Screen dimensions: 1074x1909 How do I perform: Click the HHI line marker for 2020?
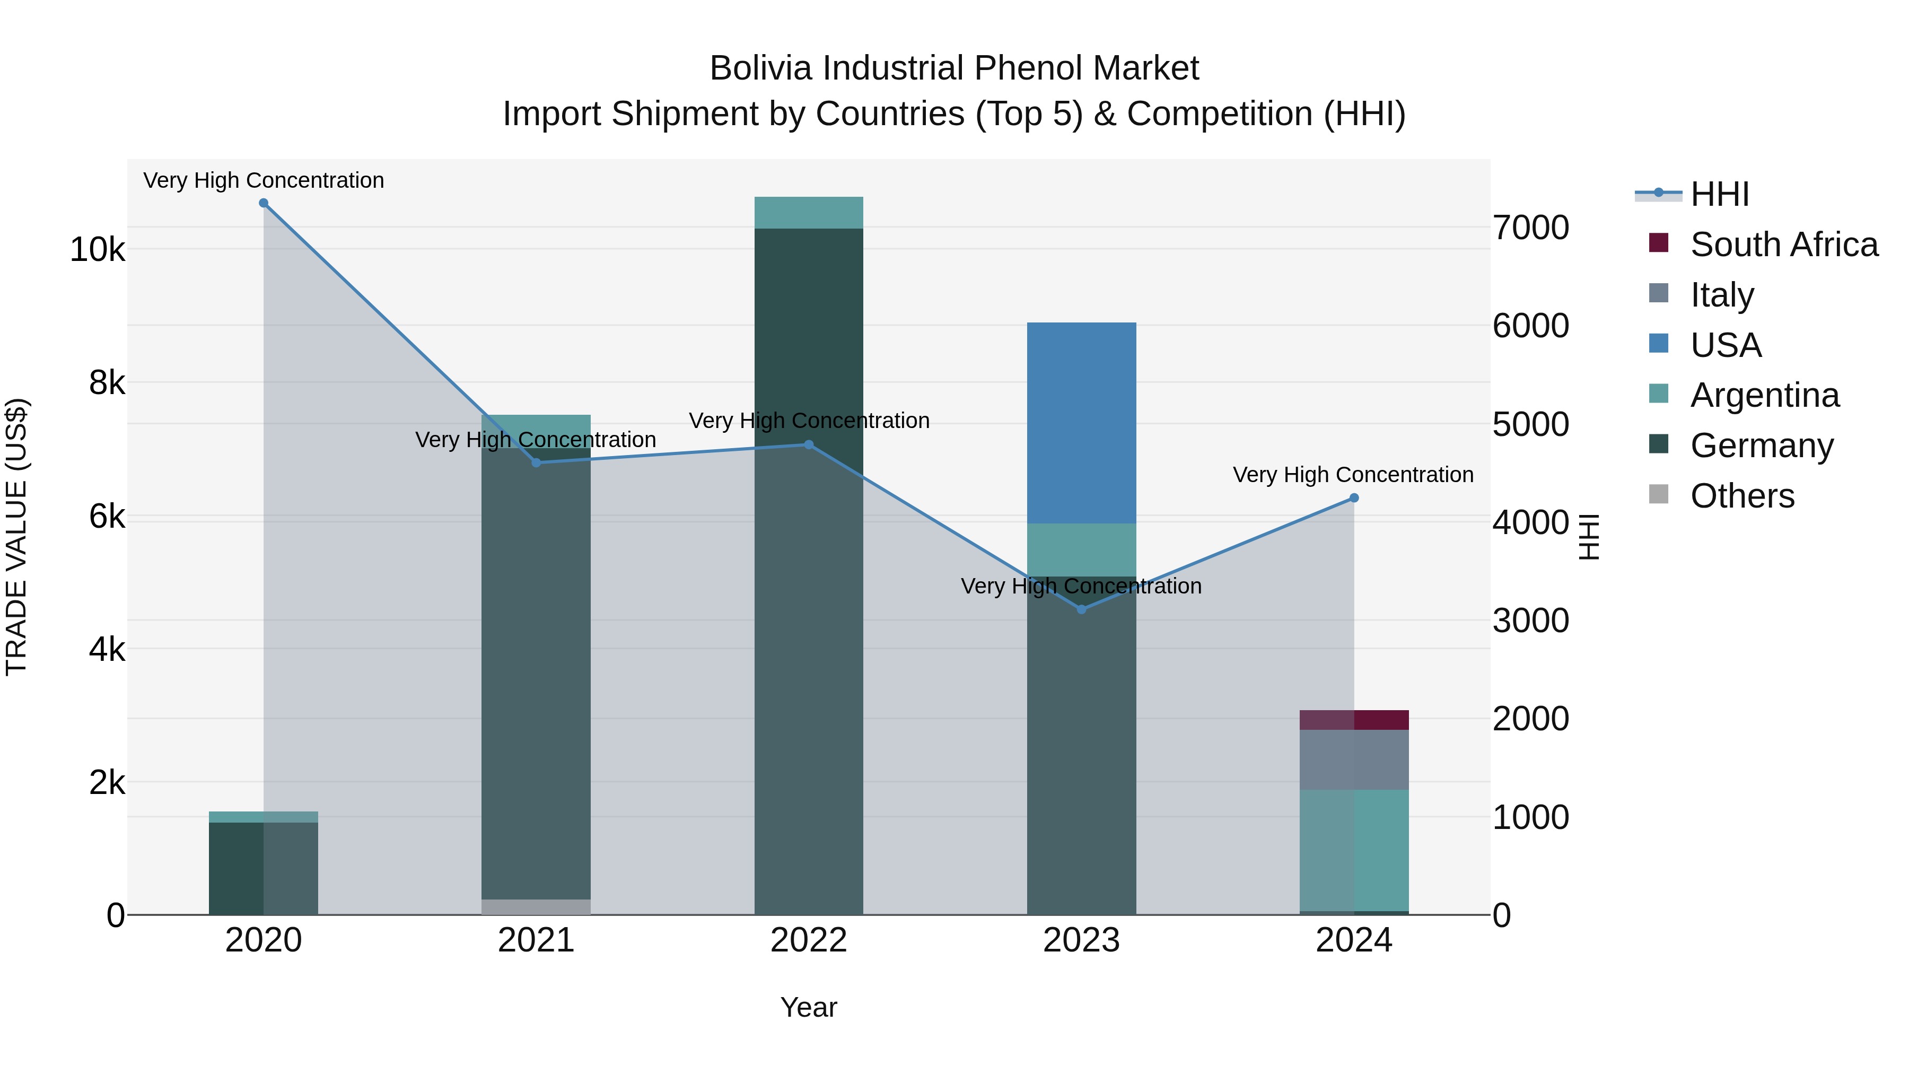[264, 203]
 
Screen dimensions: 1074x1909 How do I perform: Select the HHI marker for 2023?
[1081, 609]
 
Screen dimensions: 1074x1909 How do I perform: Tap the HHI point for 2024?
[1354, 498]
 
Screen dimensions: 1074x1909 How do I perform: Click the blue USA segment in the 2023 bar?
[1081, 423]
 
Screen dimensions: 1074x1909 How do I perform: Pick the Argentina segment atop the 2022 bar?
[809, 213]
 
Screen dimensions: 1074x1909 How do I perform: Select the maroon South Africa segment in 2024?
[1354, 720]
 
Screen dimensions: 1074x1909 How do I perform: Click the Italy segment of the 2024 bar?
[1354, 759]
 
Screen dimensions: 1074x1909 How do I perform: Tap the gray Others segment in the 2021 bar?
[536, 906]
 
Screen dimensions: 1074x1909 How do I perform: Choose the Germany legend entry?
[1762, 446]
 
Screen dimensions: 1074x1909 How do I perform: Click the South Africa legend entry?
[1784, 245]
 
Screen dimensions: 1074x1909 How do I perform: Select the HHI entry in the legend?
[1719, 194]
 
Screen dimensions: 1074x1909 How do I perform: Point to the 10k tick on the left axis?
[97, 250]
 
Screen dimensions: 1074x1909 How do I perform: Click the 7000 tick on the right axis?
[1530, 228]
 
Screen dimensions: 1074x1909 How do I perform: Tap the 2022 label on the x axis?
[809, 940]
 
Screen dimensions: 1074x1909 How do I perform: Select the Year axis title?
[809, 1007]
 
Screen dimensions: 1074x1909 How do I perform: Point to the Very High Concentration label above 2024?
[1353, 474]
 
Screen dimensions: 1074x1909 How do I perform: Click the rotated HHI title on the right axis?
[1588, 537]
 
